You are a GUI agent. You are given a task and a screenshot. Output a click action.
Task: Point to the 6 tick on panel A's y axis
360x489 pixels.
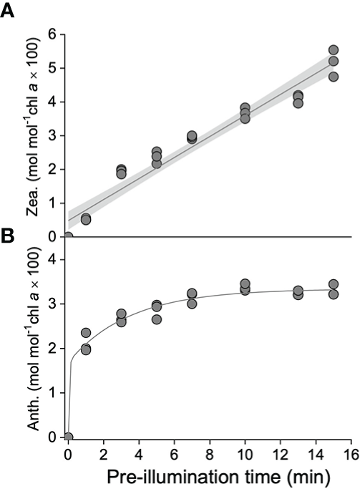pyautogui.click(x=50, y=34)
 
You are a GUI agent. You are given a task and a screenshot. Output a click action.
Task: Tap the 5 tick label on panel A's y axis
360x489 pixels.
pyautogui.click(x=50, y=68)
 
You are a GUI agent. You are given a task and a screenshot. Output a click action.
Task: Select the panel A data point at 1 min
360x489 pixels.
pyautogui.click(x=86, y=219)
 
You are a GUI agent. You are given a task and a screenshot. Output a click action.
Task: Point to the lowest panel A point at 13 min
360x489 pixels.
pyautogui.click(x=298, y=103)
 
